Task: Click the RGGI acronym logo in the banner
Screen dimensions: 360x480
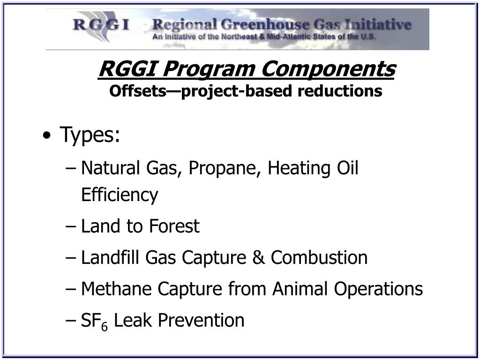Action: click(101, 24)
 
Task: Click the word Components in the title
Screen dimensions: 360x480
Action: click(329, 69)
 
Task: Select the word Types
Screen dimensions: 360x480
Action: click(90, 136)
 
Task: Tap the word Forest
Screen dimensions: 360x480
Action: click(174, 226)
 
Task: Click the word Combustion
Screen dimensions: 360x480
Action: click(319, 258)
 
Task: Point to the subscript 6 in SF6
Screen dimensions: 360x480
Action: click(105, 326)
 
